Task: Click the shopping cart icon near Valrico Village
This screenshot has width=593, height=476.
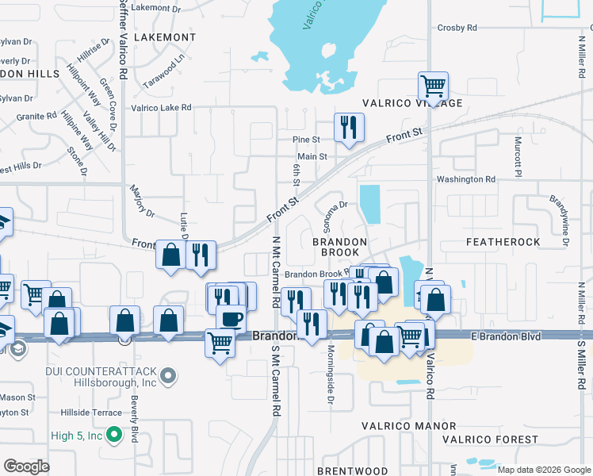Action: coord(433,85)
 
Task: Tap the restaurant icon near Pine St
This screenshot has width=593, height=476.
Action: coord(348,127)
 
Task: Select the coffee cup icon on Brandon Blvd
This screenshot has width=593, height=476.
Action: coord(231,318)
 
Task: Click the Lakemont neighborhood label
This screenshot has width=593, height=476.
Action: coord(165,37)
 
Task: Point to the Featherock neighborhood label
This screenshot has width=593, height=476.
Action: coord(503,241)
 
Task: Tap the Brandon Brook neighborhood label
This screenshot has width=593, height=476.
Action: coord(339,247)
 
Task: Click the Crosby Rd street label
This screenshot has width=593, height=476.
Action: coord(457,28)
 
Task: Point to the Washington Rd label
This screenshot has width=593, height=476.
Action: coord(465,179)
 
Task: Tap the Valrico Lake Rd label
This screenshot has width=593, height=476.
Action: coord(161,107)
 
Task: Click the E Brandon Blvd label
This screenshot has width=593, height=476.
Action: coord(506,337)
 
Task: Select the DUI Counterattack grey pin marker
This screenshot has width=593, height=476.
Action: coord(168,374)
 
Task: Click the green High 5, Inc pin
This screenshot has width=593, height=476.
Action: coord(114,435)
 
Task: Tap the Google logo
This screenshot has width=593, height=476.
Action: coord(26,466)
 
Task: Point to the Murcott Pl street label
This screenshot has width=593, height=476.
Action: coord(518,155)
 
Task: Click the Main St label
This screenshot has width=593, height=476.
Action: coord(312,157)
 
